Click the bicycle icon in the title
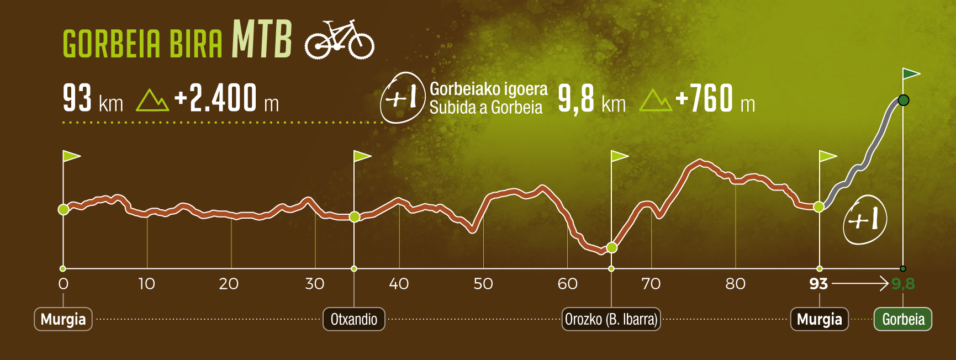340,40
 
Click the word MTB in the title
262,39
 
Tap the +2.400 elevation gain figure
215,98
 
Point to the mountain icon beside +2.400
152,100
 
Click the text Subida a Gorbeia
486,107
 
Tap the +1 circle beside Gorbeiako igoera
403,97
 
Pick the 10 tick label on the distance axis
146,284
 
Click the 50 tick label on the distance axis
483,284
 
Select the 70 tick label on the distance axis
651,284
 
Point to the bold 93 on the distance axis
818,284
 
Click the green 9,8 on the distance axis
904,284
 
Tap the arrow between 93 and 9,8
860,284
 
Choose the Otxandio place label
354,319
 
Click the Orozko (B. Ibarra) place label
611,319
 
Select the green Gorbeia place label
903,319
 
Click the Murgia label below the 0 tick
63,319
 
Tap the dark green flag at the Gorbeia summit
911,74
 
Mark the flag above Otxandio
362,156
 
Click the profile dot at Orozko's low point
611,248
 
